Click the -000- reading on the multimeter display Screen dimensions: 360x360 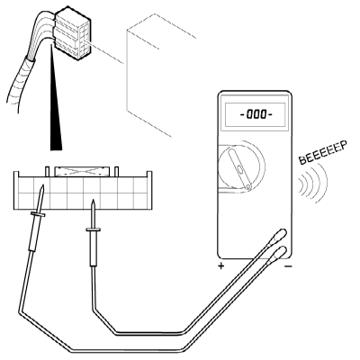point(256,114)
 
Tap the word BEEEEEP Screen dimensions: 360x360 point(323,152)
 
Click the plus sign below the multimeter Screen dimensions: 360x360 point(220,265)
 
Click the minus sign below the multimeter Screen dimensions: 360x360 point(288,266)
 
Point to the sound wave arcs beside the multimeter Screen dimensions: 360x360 point(313,183)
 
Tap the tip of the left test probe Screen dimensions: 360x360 point(43,185)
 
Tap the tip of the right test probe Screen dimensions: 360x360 point(94,201)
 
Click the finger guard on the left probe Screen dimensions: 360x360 point(38,214)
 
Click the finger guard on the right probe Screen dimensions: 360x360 point(93,229)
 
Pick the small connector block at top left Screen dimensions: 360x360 point(72,34)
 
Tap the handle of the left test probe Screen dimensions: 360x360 point(33,234)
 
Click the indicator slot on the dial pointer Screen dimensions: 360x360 point(240,168)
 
